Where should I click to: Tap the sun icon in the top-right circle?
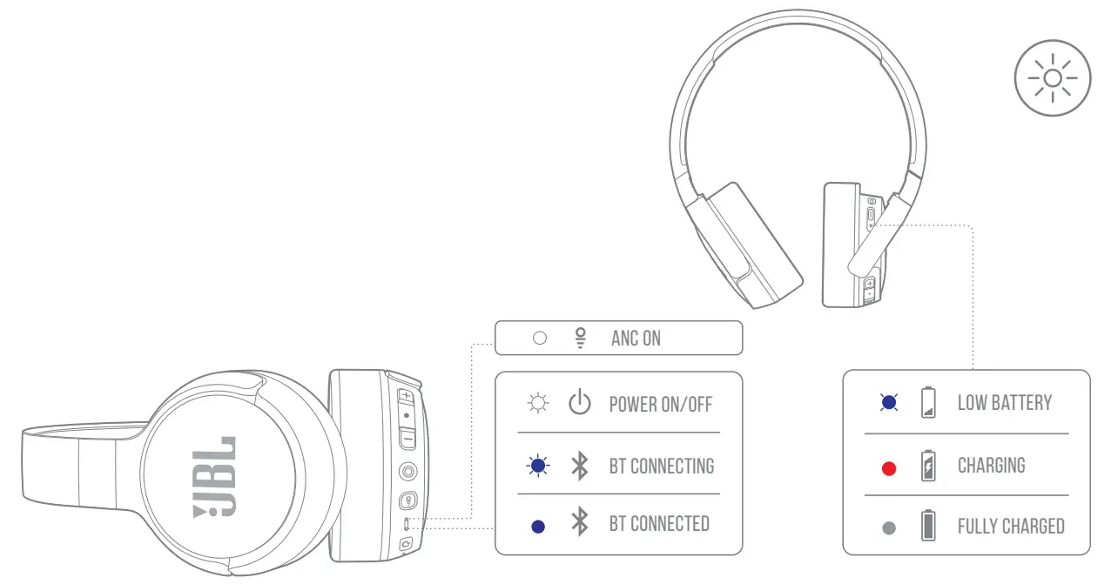pos(1052,78)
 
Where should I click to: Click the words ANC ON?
pos(636,338)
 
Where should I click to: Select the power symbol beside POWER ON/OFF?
pos(579,404)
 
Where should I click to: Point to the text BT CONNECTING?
pos(661,466)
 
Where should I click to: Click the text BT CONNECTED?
pos(658,524)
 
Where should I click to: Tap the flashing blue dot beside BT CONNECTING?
pos(538,467)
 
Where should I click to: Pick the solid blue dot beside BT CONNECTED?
pos(538,526)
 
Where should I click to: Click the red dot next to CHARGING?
pos(888,469)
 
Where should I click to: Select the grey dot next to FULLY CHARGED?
pos(888,527)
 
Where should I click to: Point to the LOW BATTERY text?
pos(1004,403)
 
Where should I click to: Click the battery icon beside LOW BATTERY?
pos(929,404)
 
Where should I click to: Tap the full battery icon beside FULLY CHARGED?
pos(929,526)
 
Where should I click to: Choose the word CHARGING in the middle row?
pos(991,466)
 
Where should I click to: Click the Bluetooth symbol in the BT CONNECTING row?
pos(579,466)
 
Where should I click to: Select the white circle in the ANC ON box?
pos(539,338)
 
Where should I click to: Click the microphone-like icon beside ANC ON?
pos(580,338)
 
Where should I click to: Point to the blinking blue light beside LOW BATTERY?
pos(888,402)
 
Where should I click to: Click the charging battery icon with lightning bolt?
pos(929,466)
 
